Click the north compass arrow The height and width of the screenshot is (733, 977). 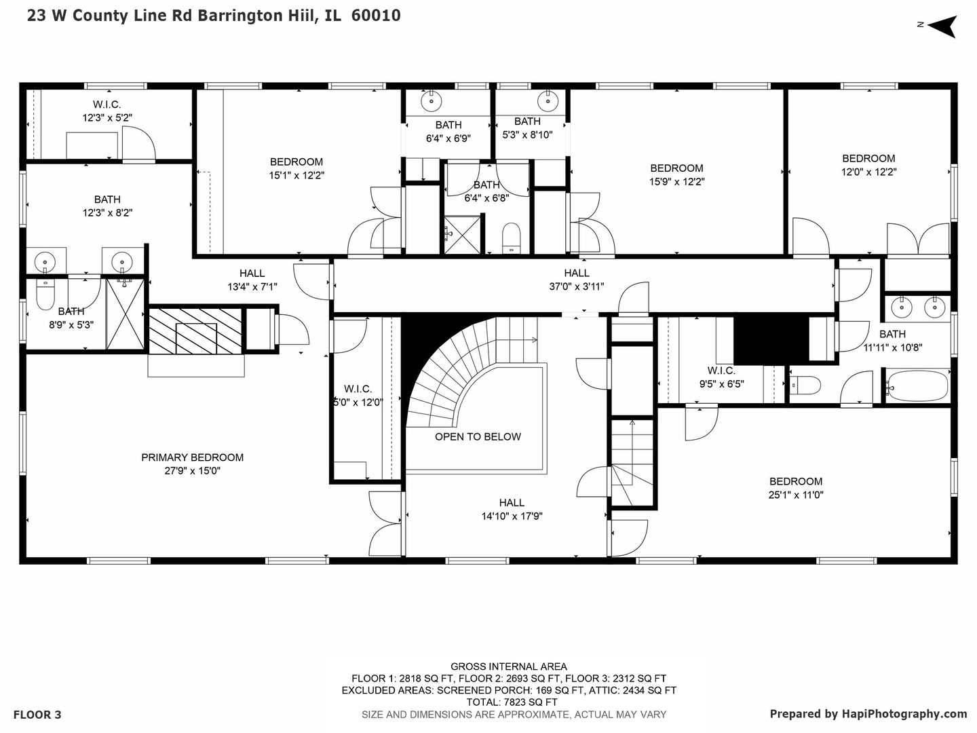coord(942,26)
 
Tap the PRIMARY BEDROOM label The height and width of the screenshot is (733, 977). coord(192,457)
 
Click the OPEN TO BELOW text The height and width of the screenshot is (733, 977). coord(478,436)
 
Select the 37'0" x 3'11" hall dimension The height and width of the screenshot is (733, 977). coord(576,286)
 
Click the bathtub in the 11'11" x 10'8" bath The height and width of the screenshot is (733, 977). coord(917,386)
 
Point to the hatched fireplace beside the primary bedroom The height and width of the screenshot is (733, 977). coord(195,331)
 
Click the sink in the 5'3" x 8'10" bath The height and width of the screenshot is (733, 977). coord(548,101)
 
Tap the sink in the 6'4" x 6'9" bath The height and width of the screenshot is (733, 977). coord(431,102)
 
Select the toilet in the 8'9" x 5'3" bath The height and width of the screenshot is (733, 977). coord(45,294)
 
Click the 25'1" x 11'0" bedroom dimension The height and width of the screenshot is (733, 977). coord(795,495)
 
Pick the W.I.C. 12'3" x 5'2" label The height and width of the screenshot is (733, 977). coord(107,111)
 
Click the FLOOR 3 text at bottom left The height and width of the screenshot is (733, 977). coord(37,715)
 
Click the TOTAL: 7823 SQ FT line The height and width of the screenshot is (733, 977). coord(508,702)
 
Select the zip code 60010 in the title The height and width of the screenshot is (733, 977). coord(376,16)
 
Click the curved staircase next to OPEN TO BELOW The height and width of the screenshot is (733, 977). coord(441,380)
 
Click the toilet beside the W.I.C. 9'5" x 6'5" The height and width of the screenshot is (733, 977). coord(805,386)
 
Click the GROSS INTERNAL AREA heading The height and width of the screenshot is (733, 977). coord(508,666)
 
